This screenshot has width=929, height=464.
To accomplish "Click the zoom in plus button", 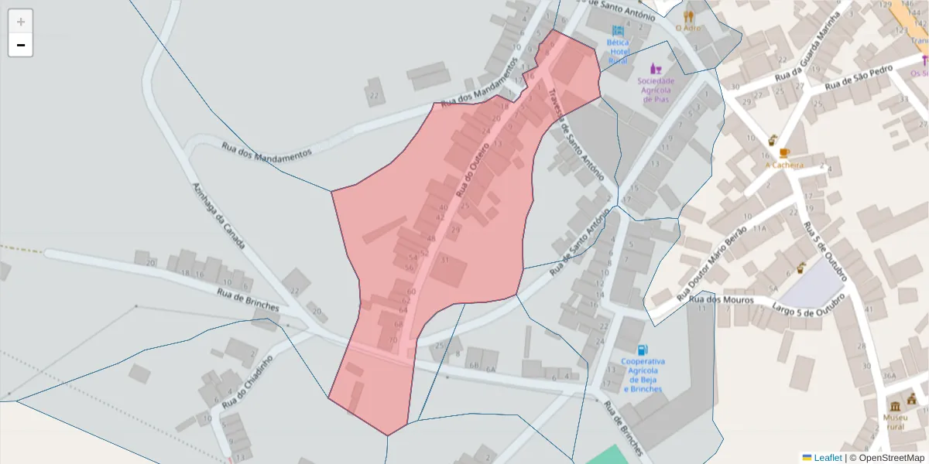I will pos(21,22).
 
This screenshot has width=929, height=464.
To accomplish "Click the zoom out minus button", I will pos(21,46).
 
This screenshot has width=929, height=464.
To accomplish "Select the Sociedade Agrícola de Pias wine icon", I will pos(656,68).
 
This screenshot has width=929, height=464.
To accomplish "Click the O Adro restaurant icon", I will pos(688,15).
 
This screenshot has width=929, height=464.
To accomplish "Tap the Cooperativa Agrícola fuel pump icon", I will pos(643,350).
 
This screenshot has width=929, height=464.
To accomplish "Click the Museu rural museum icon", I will pos(895,406).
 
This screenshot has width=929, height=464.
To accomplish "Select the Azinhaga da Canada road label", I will pos(218,216).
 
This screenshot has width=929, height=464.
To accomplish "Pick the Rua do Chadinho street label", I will pos(248,382).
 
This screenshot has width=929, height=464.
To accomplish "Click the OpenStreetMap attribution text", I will pos(892,458).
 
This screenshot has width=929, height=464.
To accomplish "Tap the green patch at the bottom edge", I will pos(608,456).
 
